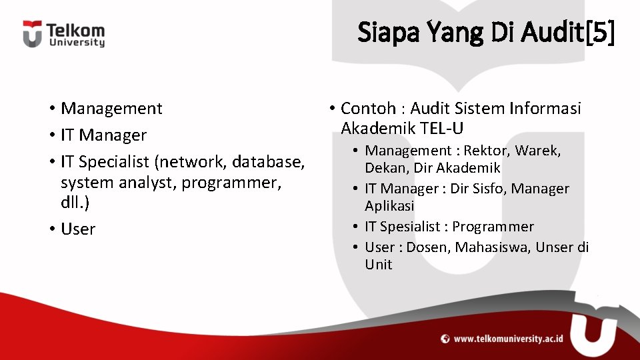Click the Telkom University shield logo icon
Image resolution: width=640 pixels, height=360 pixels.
tap(32, 34)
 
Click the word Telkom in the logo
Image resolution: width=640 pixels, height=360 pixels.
tap(75, 30)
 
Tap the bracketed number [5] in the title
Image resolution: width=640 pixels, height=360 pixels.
tap(600, 32)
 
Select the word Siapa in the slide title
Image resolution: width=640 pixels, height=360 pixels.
tap(388, 32)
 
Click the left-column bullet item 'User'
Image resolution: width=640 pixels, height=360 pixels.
tap(78, 229)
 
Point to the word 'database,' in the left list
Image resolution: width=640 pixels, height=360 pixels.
tap(268, 162)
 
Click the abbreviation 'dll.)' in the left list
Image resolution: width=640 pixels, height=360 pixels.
tap(75, 202)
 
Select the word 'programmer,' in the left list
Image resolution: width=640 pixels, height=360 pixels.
tap(231, 183)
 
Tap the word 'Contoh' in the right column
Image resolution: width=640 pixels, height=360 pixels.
tap(368, 109)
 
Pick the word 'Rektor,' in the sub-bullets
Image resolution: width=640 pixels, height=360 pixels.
tap(487, 151)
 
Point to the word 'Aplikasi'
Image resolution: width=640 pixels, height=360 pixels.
tap(389, 206)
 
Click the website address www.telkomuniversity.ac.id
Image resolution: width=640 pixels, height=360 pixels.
tap(508, 339)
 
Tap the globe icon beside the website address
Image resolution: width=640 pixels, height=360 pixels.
tap(445, 339)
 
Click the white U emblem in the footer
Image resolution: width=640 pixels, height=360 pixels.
tap(594, 335)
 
